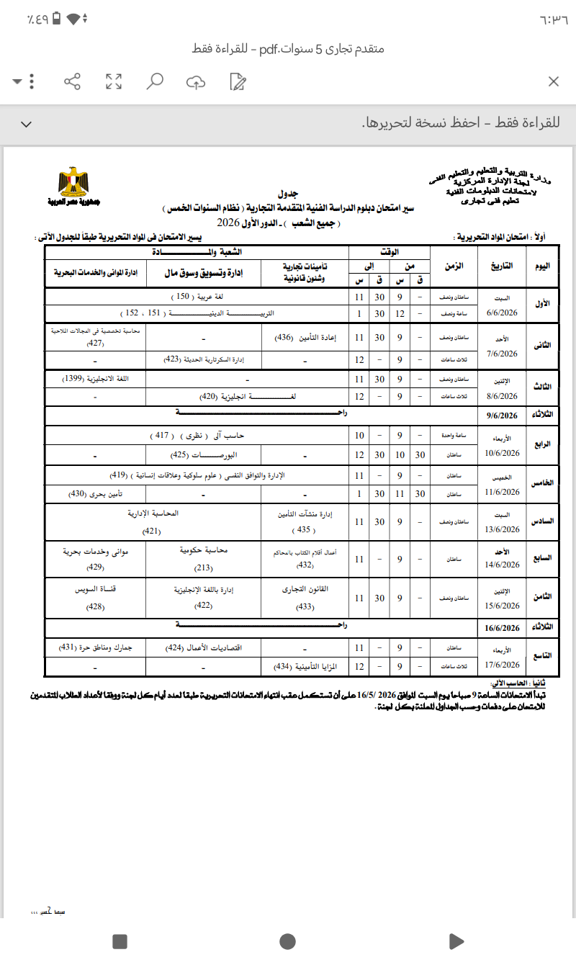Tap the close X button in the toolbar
click(553, 81)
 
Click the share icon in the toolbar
click(72, 81)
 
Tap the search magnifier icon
click(154, 81)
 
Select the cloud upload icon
click(196, 81)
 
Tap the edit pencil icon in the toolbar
click(238, 81)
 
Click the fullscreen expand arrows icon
click(113, 81)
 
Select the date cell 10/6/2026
click(503, 454)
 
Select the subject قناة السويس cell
click(96, 588)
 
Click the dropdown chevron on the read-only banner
click(27, 124)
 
